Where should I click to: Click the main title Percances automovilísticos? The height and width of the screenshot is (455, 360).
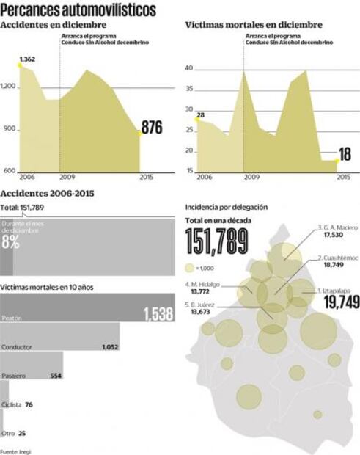pos(78,10)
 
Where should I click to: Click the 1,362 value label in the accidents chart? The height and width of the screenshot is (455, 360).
pos(26,59)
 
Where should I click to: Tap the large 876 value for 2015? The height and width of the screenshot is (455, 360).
pos(152,128)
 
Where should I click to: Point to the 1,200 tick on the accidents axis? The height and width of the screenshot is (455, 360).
pos(9,87)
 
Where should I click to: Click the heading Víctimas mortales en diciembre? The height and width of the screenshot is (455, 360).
pos(254,26)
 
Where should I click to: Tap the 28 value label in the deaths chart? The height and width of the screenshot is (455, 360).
pos(199,114)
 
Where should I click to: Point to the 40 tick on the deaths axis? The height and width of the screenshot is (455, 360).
pos(188,68)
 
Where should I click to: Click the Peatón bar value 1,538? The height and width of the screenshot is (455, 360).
pos(158,315)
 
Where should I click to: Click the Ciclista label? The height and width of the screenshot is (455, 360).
pos(12,404)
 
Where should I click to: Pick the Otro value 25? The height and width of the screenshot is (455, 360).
pos(22,433)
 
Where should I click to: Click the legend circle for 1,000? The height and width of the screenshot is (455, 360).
pos(191,268)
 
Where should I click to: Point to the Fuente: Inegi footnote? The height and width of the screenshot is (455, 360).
pos(15,451)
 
